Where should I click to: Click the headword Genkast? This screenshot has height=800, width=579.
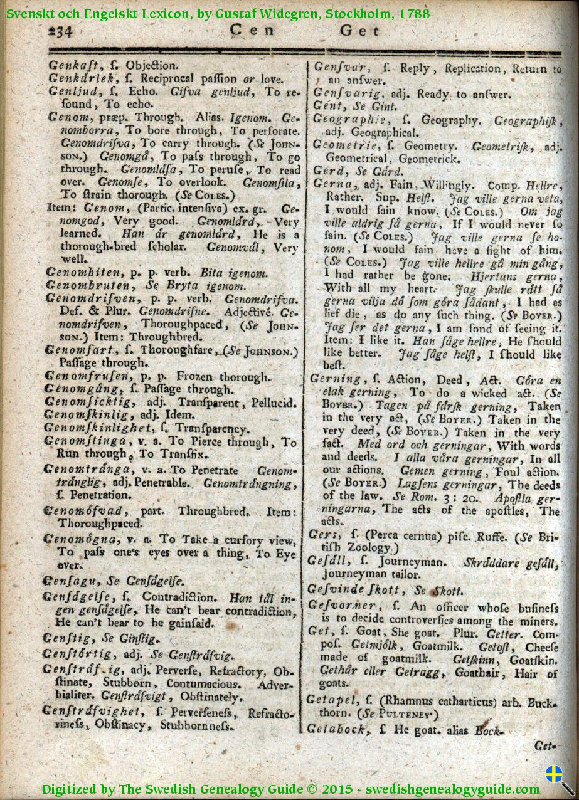click(x=73, y=65)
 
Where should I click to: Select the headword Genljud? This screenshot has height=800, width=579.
click(x=70, y=92)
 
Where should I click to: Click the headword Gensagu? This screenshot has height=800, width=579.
click(x=68, y=581)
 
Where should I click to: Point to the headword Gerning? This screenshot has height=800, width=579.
click(x=335, y=379)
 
